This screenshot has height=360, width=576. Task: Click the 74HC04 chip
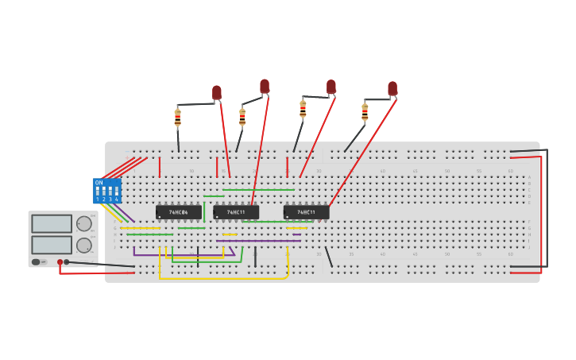178,212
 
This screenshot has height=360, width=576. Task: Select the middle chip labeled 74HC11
236,212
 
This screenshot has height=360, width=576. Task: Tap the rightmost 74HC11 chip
306,212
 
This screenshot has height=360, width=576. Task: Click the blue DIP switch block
106,191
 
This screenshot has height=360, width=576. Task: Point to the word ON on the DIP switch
99,183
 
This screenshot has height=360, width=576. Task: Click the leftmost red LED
217,92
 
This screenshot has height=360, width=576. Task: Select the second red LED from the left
265,85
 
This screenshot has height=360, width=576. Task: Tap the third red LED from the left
331,86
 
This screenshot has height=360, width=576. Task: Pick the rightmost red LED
392,87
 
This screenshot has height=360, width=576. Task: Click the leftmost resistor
178,118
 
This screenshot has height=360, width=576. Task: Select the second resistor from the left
242,117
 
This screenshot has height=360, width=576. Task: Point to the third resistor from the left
303,109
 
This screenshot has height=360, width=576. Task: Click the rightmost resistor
365,112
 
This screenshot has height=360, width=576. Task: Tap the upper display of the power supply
52,224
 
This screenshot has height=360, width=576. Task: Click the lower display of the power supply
52,244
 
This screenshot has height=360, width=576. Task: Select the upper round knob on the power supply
83,224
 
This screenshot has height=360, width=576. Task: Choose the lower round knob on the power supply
83,245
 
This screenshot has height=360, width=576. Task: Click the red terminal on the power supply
60,261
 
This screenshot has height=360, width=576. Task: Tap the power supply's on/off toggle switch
37,261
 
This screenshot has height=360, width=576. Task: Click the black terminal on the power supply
67,261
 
